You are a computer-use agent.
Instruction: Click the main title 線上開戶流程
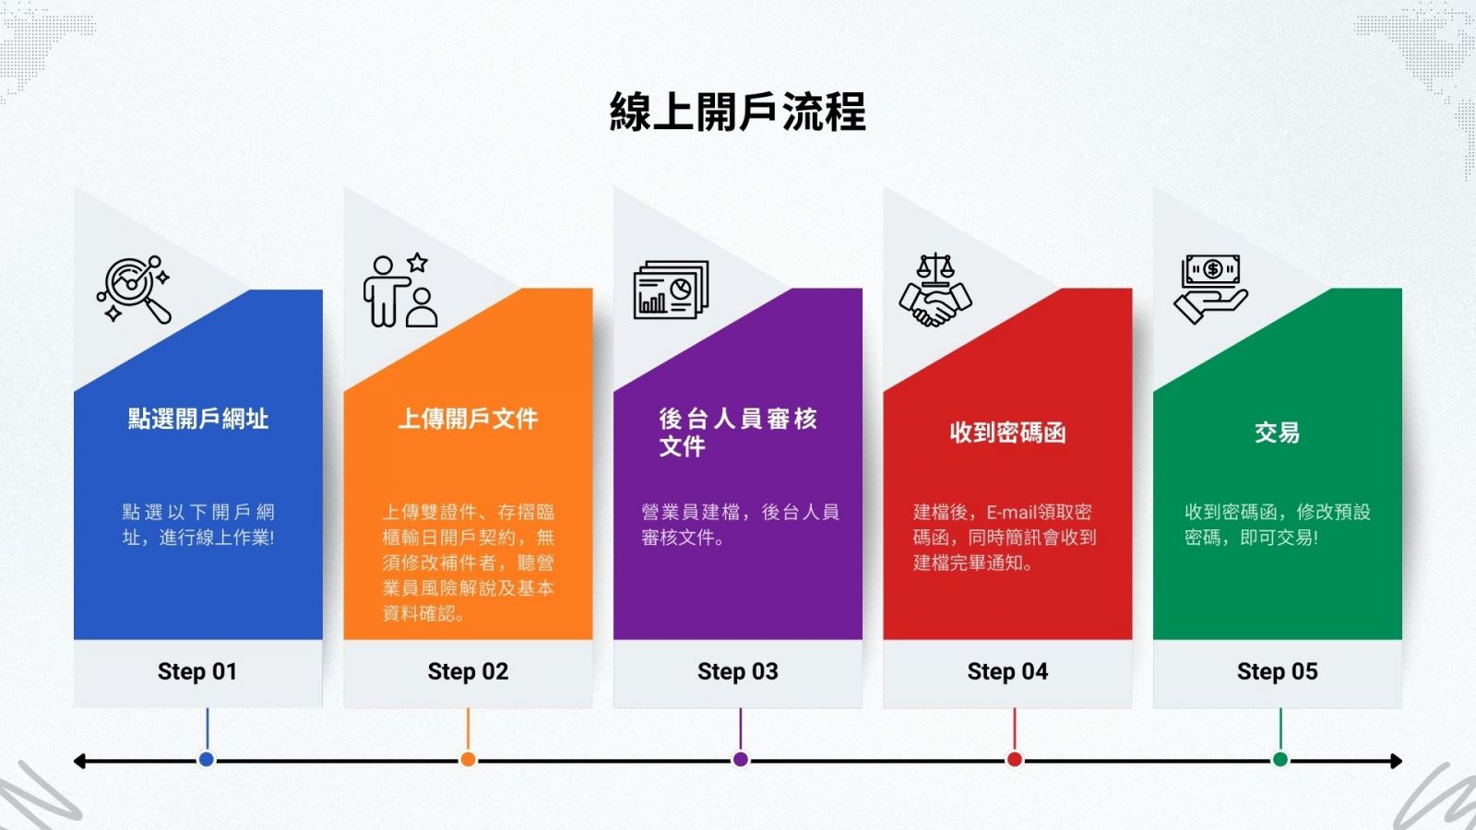click(x=737, y=112)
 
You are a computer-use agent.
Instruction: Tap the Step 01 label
click(x=197, y=671)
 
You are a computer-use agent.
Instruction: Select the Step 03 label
click(x=737, y=671)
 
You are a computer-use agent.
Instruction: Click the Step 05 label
click(x=1277, y=671)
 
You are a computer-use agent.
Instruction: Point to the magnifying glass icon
click(x=135, y=290)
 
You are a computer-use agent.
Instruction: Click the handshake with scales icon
click(x=935, y=290)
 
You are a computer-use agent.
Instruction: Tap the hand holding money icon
click(x=1211, y=290)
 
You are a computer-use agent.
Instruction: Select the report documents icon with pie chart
click(x=671, y=290)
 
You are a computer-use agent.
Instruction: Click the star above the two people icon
click(x=417, y=263)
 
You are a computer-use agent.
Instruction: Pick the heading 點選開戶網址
click(x=197, y=419)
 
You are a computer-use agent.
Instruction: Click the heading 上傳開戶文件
click(x=468, y=419)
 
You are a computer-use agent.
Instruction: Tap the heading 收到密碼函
click(x=1007, y=433)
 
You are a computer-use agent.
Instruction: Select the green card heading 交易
click(x=1277, y=433)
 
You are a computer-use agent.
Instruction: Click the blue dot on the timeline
click(x=207, y=760)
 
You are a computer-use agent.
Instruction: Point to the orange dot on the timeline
click(x=468, y=760)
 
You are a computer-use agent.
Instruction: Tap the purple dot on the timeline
click(x=741, y=760)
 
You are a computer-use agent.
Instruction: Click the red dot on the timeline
click(x=1015, y=760)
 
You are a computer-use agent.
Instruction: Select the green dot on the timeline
click(x=1280, y=760)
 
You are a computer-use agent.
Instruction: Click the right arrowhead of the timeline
click(x=1397, y=761)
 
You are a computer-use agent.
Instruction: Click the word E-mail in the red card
click(x=1011, y=513)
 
